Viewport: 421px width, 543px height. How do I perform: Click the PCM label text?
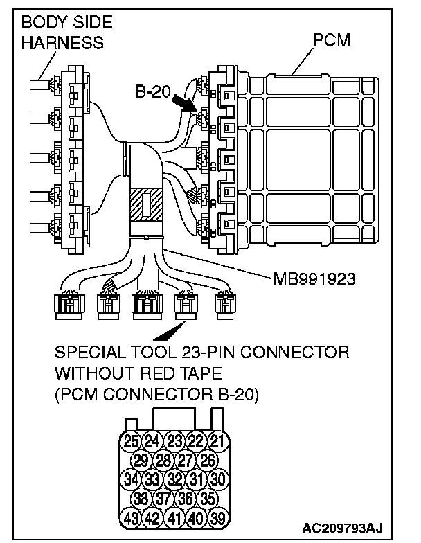(332, 40)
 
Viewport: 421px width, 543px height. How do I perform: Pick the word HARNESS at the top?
(62, 42)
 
